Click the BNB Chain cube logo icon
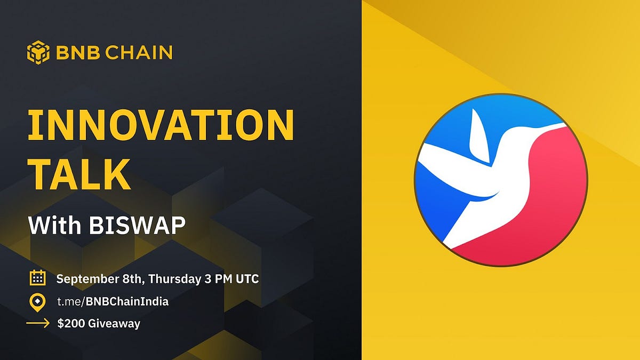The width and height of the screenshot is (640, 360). [38, 52]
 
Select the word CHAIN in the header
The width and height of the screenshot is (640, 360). [139, 52]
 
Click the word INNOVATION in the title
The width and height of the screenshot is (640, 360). [161, 125]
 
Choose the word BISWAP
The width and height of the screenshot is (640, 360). [137, 226]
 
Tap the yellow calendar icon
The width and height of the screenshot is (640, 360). [38, 277]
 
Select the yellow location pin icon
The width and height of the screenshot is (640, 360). [37, 302]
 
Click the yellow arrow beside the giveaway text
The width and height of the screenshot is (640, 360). [38, 323]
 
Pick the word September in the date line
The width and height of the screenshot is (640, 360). [85, 279]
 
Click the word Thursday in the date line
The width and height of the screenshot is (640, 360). [174, 279]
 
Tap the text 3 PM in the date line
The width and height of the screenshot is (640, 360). [218, 279]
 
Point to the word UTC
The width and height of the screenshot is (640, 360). [247, 279]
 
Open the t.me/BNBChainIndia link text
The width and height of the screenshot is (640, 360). [113, 302]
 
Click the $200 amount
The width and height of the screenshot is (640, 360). [71, 323]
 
